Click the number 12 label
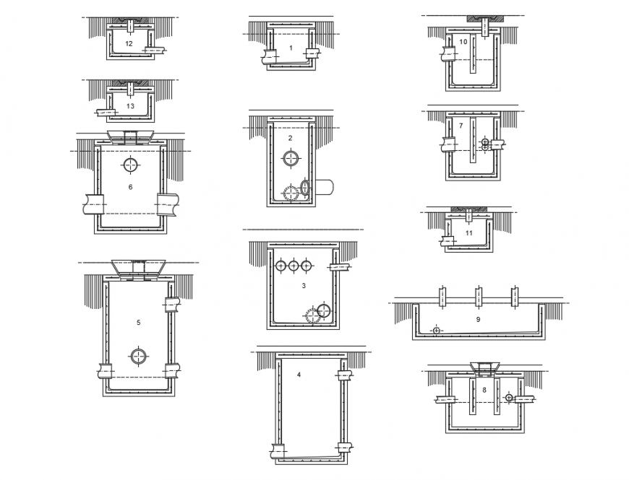[x=129, y=44]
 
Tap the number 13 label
[x=130, y=106]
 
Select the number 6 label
[x=130, y=188]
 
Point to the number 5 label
[x=138, y=323]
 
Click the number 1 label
[x=291, y=48]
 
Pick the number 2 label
[x=290, y=138]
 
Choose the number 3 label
[x=304, y=286]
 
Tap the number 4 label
[x=298, y=375]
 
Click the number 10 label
[x=463, y=42]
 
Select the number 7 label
[x=461, y=126]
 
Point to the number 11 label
[x=469, y=233]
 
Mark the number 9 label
[x=478, y=318]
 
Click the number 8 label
[x=484, y=390]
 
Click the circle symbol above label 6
[x=130, y=165]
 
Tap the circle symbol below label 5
[x=138, y=355]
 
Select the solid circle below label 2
[x=291, y=157]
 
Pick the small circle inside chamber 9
[x=436, y=330]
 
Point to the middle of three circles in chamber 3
[x=294, y=266]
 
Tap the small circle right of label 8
[x=510, y=397]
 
